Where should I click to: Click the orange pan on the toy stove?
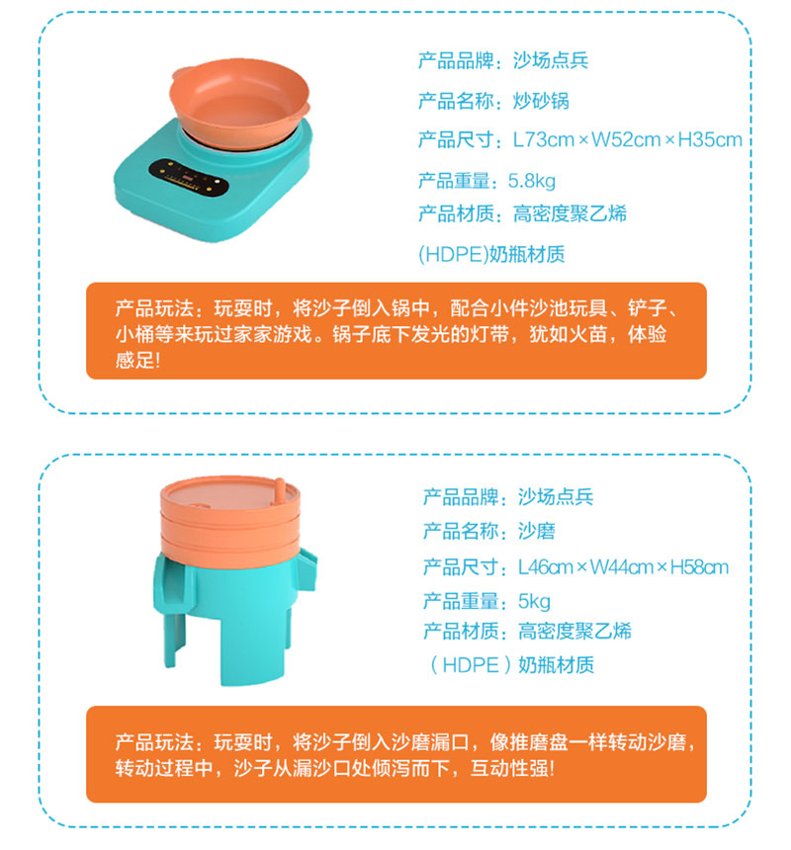[x=239, y=103]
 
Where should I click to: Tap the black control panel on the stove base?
[x=189, y=177]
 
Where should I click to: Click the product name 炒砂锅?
[x=541, y=101]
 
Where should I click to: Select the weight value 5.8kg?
[x=531, y=181]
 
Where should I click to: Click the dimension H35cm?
[x=710, y=140]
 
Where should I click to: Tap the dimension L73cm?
[x=543, y=140]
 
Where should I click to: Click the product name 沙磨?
[x=537, y=531]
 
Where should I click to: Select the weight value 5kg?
[x=534, y=601]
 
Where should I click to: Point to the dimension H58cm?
[x=699, y=567]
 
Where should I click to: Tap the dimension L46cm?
[x=546, y=567]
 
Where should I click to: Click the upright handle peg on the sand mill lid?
[x=280, y=491]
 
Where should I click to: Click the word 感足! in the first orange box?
[x=137, y=360]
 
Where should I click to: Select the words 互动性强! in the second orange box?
[x=512, y=768]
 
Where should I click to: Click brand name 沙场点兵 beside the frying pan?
[x=551, y=60]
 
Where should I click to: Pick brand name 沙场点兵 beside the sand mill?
[x=556, y=496]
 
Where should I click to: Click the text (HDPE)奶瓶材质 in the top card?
[x=491, y=254]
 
